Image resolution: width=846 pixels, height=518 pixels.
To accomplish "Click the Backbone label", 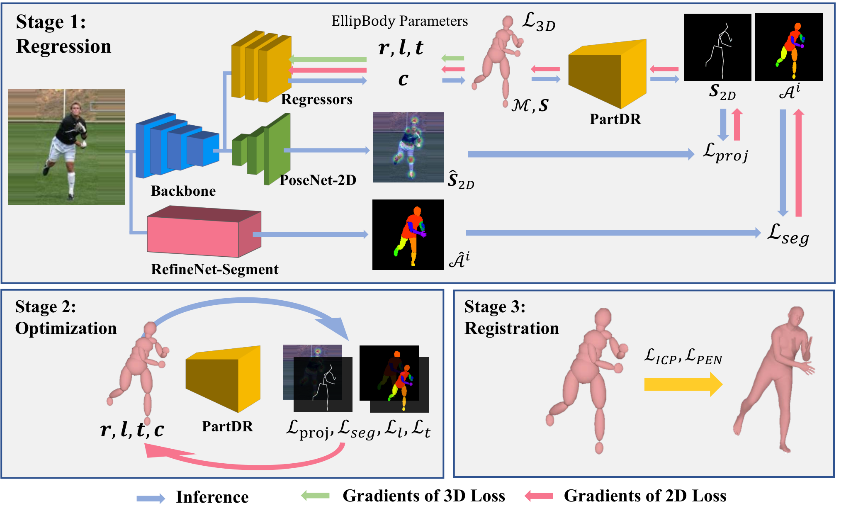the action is (183, 191).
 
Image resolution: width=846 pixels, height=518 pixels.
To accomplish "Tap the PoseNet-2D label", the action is (318, 180).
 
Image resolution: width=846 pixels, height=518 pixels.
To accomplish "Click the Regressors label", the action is (317, 100).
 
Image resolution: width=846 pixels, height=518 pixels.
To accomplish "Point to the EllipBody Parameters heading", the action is (400, 21).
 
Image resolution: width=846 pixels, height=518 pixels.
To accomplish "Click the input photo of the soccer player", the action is (66, 147).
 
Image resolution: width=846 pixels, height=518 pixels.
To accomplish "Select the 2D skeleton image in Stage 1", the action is (717, 47).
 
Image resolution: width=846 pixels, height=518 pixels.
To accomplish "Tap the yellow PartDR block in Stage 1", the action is (607, 74).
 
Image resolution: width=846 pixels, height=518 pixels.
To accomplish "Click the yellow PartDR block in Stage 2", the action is (223, 379).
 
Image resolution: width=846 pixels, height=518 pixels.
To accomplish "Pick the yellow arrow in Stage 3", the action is (683, 384).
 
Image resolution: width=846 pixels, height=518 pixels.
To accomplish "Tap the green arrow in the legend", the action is (315, 495).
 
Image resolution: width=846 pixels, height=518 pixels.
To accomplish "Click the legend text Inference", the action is (212, 497).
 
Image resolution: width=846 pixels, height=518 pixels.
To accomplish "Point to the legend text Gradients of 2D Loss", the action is (645, 496).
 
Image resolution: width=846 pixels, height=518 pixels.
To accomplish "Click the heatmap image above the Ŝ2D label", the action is (408, 147).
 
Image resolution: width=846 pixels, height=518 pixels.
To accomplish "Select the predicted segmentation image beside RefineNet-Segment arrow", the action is (408, 235).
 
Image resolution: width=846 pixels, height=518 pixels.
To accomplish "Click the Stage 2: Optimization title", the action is (66, 318).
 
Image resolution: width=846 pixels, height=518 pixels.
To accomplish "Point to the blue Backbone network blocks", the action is (177, 145).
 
